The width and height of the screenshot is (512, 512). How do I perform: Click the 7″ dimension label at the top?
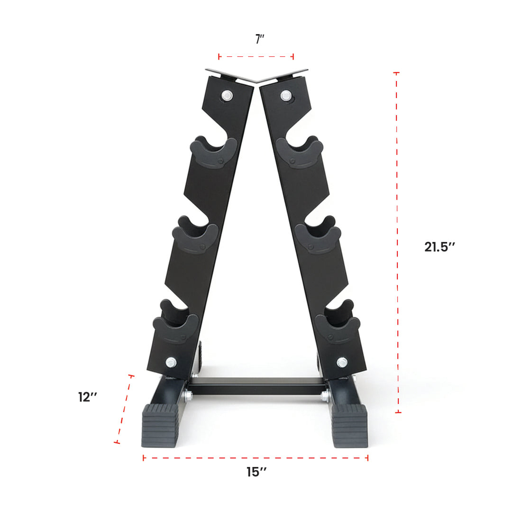pos(260,39)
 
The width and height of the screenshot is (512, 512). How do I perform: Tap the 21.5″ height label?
pos(439,247)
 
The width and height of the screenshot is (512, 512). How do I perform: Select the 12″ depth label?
pos(88,397)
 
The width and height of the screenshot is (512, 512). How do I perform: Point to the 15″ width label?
pos(256,472)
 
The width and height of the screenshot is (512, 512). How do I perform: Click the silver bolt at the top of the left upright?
pos(227,96)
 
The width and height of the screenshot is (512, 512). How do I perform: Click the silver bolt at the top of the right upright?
pos(286,96)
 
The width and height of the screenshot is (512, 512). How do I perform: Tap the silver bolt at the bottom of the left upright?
pos(171,362)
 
